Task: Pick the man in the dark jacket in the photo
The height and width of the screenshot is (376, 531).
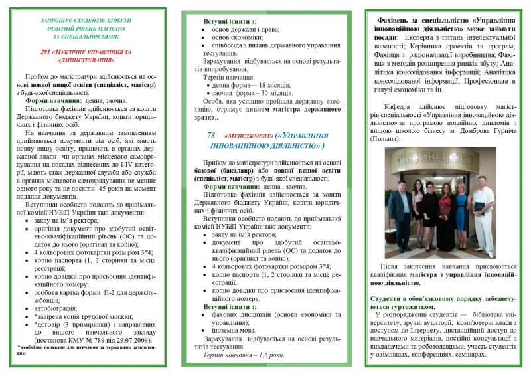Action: [x=400, y=209]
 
